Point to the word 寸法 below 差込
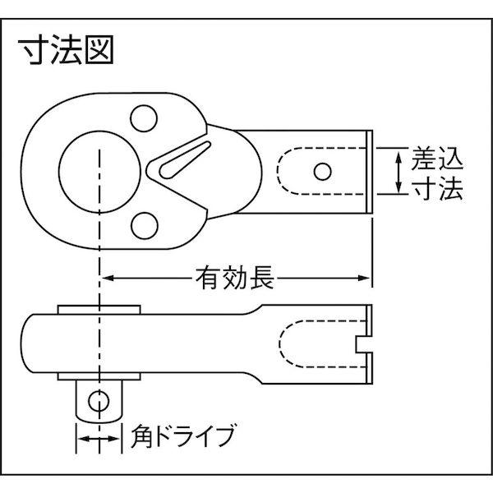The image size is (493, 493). point(440,189)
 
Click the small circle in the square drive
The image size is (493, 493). point(98,401)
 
